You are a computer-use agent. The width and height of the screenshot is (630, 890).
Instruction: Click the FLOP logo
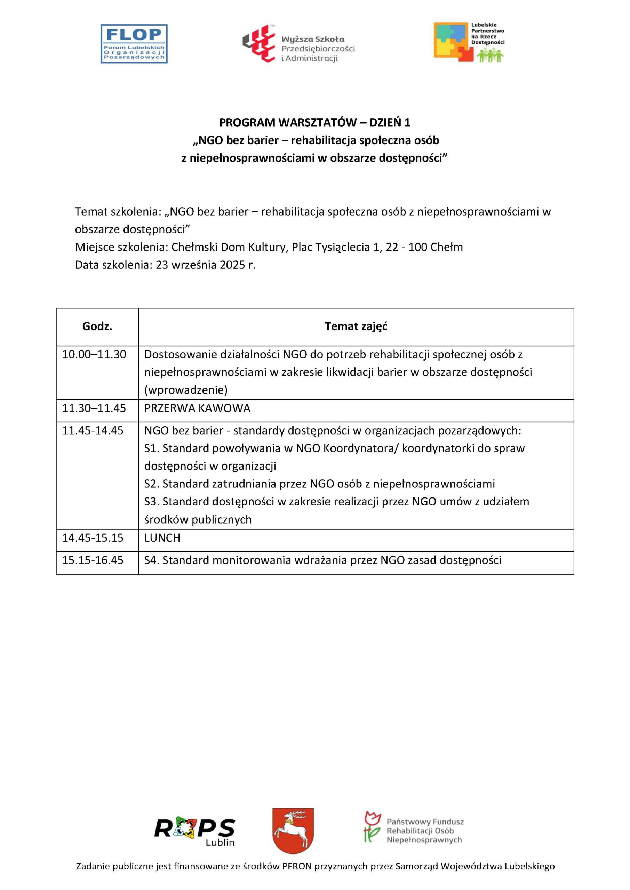[134, 44]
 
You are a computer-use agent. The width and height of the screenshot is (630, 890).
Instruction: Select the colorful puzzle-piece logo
[453, 42]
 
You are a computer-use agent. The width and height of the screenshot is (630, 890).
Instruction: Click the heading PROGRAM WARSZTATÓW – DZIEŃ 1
[314, 122]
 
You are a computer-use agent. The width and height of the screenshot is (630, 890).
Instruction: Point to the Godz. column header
[97, 326]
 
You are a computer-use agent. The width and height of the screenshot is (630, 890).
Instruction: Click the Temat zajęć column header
[356, 326]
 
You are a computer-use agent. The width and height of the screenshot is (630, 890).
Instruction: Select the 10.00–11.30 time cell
[94, 354]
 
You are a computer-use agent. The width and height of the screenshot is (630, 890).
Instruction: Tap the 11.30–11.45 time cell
[94, 408]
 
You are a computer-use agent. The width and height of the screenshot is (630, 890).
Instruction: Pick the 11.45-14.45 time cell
[93, 431]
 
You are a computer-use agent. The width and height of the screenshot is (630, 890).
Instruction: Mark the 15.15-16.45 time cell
[93, 560]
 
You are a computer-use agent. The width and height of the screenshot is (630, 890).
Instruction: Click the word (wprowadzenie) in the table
[186, 390]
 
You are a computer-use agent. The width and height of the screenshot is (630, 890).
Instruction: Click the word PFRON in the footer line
[297, 866]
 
